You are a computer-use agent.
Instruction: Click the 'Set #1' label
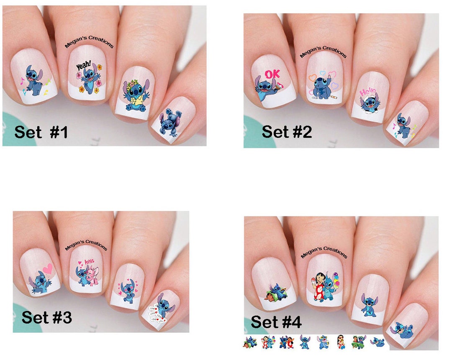[x=41, y=132]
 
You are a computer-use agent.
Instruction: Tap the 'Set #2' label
[x=287, y=132]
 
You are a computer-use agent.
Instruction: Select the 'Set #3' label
[x=47, y=317]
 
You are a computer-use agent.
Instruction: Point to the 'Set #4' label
[x=276, y=322]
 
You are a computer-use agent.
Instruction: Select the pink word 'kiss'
[x=90, y=262]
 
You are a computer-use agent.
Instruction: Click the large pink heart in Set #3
[x=46, y=268]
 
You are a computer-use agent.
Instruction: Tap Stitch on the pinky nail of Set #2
[x=403, y=126]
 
